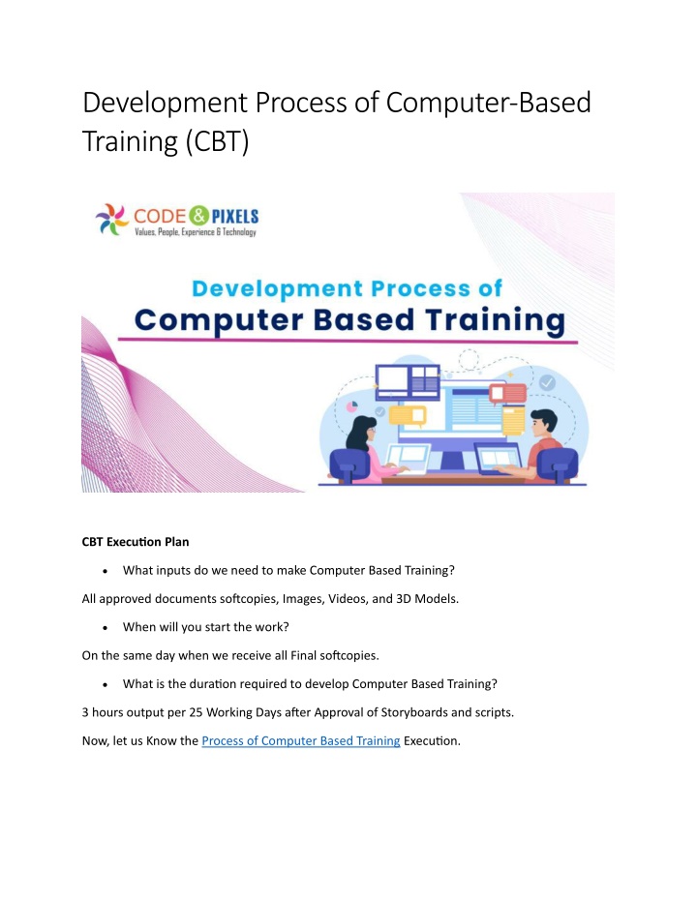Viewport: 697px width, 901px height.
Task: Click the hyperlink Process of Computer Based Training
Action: click(x=300, y=740)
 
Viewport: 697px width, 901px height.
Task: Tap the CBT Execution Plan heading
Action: click(x=136, y=542)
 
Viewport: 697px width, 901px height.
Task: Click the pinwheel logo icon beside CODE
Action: click(x=112, y=219)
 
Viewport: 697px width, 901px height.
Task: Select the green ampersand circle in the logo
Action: click(x=198, y=216)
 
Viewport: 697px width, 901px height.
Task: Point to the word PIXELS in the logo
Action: click(x=235, y=217)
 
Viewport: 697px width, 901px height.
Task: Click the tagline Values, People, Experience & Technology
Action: click(x=196, y=232)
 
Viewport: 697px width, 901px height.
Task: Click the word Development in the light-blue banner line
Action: click(x=278, y=288)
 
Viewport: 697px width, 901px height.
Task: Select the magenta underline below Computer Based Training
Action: click(x=348, y=341)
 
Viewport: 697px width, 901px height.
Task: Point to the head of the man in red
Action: click(x=542, y=424)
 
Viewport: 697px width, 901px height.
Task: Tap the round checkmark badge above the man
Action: click(x=547, y=382)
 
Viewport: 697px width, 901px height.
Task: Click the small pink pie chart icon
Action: click(x=351, y=406)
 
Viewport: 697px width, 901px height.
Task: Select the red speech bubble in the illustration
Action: click(x=508, y=394)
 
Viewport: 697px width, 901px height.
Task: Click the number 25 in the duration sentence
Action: click(x=196, y=712)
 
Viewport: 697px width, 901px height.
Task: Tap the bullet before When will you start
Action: click(x=106, y=628)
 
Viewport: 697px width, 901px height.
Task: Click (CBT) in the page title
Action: click(x=217, y=141)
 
